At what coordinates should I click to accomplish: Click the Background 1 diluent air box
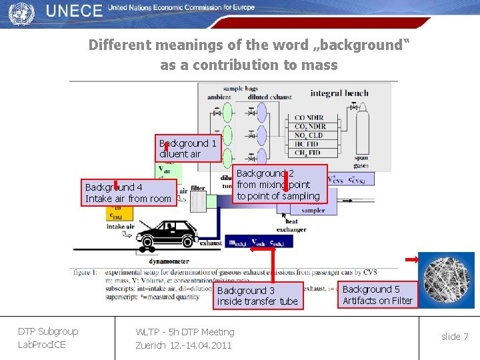188,149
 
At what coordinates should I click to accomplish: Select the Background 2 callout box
280,184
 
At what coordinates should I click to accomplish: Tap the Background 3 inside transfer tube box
258,296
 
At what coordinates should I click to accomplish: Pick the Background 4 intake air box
129,193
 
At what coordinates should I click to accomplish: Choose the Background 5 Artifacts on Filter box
378,295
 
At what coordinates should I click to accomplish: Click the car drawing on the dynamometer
169,235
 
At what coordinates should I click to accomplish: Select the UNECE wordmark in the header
75,11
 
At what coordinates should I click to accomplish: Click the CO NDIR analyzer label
309,118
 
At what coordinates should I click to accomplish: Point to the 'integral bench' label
339,93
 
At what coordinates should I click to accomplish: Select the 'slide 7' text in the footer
455,337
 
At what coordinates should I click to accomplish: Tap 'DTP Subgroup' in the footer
48,331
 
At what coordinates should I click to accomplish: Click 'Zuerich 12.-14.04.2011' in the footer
183,345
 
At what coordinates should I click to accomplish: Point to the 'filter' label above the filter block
197,189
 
